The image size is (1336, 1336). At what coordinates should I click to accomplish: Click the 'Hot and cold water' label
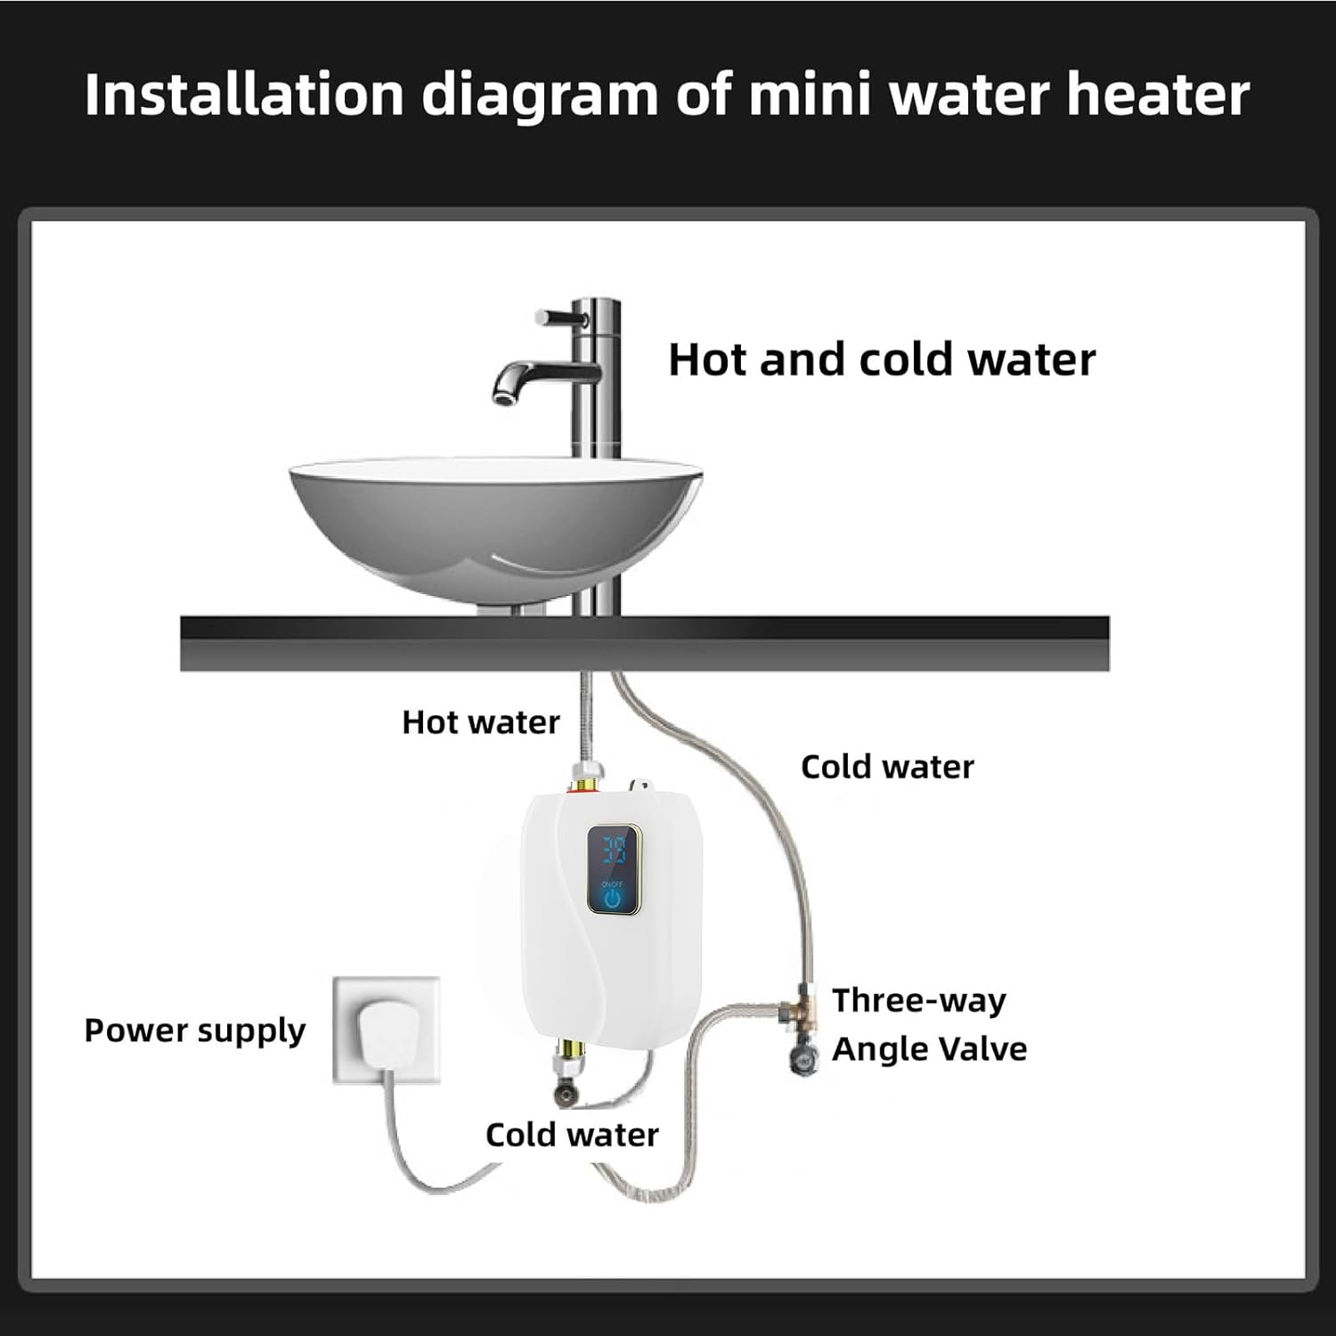point(881,360)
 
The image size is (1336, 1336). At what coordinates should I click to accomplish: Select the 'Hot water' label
point(480,721)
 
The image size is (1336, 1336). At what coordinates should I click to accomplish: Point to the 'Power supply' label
point(194,1031)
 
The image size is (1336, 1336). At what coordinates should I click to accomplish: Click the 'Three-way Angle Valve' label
point(928,1024)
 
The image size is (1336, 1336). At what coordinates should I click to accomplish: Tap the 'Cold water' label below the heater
point(572,1135)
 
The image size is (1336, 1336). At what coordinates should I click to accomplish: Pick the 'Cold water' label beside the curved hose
point(887,767)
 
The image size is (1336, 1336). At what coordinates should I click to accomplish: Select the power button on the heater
point(612,898)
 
